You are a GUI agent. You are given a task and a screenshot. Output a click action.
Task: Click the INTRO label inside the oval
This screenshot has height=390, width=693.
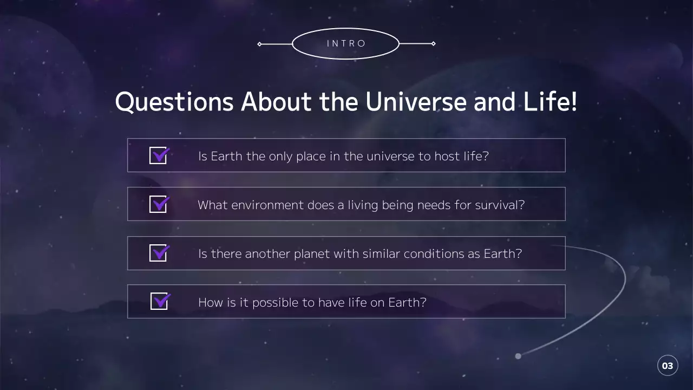(x=346, y=43)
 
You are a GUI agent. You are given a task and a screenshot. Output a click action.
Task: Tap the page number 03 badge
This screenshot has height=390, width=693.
(x=668, y=366)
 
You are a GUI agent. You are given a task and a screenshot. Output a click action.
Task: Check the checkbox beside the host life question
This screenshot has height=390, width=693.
(x=158, y=156)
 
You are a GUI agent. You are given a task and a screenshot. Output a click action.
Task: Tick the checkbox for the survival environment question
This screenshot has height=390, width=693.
(x=158, y=204)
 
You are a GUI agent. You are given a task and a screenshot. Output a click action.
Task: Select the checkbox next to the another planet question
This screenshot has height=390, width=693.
(x=158, y=253)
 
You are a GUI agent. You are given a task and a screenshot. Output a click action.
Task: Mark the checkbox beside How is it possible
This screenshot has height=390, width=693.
(x=159, y=301)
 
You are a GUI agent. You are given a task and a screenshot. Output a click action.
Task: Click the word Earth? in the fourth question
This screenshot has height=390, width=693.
(x=407, y=302)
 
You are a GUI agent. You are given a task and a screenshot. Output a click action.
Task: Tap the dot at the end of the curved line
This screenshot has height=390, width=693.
(x=518, y=356)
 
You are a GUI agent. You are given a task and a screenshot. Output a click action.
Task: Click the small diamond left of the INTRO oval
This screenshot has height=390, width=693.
(x=259, y=44)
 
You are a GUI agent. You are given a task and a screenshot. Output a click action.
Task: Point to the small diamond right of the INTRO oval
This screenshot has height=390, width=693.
(x=433, y=43)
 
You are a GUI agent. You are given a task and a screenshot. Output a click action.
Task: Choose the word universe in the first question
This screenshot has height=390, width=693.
(x=390, y=157)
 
